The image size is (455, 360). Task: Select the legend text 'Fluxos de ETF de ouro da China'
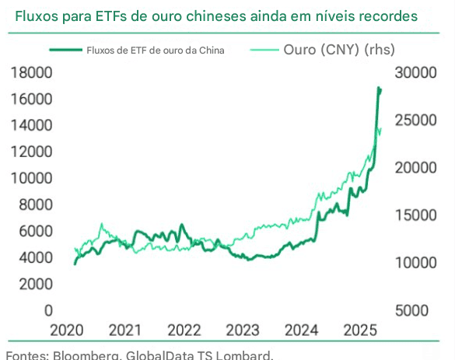coord(156,51)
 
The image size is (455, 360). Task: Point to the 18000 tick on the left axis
coord(32,72)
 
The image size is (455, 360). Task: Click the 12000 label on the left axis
coord(32,152)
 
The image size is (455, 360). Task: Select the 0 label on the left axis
coord(48,310)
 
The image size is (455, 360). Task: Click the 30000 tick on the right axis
coord(418,72)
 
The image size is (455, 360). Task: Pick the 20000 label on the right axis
coord(418,168)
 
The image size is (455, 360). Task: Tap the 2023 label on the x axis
coord(243,330)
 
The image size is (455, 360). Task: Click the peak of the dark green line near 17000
coord(379,88)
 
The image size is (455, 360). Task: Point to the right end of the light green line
coord(380,129)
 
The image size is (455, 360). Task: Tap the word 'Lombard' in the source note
coord(247,355)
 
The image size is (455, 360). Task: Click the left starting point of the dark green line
coord(75,264)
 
